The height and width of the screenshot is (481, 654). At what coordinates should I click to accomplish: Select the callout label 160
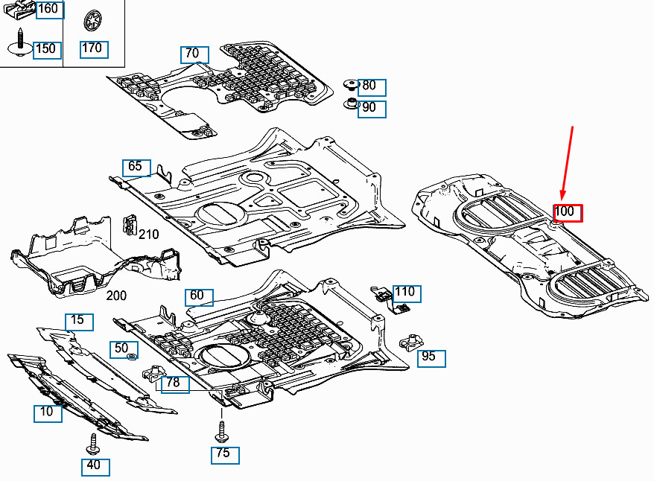click(x=48, y=10)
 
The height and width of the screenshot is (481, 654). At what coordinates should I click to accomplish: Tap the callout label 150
click(x=46, y=48)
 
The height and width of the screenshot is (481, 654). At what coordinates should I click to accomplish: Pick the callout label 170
click(x=92, y=48)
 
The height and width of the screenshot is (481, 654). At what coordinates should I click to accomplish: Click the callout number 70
click(x=193, y=54)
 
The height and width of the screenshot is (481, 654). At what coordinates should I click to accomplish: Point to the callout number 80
click(x=370, y=86)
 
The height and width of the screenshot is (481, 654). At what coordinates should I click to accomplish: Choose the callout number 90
click(x=370, y=108)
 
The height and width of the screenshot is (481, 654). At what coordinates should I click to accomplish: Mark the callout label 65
click(x=136, y=167)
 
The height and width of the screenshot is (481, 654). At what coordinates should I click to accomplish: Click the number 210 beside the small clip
click(x=148, y=235)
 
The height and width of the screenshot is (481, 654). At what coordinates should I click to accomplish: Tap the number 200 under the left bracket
click(x=116, y=296)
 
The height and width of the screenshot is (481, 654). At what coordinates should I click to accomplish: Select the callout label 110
click(x=405, y=293)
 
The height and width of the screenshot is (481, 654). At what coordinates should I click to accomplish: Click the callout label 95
click(x=429, y=357)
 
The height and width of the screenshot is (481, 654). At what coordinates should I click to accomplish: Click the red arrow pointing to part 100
click(x=567, y=164)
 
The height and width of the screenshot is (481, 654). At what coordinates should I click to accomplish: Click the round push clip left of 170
click(x=92, y=20)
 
